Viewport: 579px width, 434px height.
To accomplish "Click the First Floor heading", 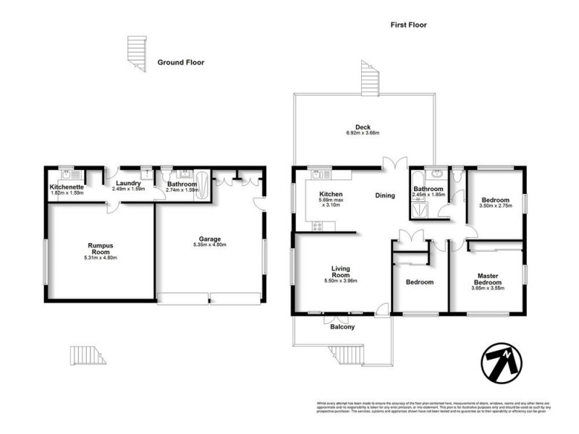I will point(409,25).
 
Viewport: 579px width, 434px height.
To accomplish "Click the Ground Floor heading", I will point(181,63).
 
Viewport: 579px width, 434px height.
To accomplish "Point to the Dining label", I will point(384,195).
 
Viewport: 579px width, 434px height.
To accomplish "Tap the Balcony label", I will point(342,328).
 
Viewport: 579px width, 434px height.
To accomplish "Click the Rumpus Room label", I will point(98,250).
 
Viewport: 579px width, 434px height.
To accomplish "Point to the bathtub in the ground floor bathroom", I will point(202,186).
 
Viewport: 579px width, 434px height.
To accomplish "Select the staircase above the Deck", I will point(369,79).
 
